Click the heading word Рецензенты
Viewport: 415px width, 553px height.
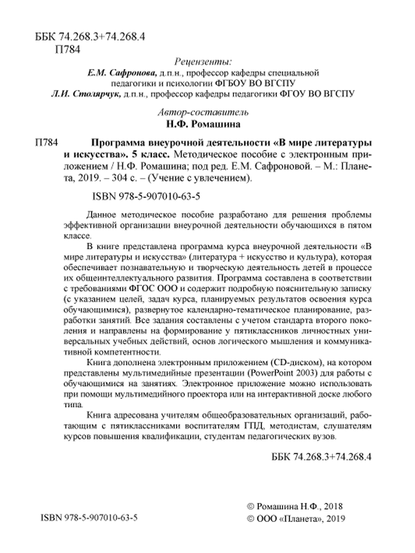[203, 61]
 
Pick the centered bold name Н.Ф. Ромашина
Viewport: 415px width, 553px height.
[203, 124]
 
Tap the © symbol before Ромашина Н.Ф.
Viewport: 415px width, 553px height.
[251, 506]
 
